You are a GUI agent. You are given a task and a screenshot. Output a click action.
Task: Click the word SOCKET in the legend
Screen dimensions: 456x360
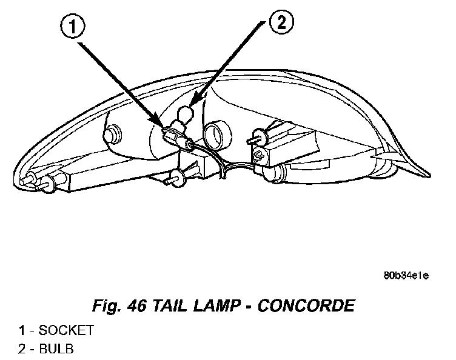coord(66,330)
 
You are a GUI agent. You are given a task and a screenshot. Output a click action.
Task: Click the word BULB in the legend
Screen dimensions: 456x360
coord(57,349)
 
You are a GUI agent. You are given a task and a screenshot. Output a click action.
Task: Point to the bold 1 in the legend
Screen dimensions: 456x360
coord(22,330)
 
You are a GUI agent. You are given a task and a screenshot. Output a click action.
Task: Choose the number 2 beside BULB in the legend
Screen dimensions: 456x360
coord(22,349)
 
